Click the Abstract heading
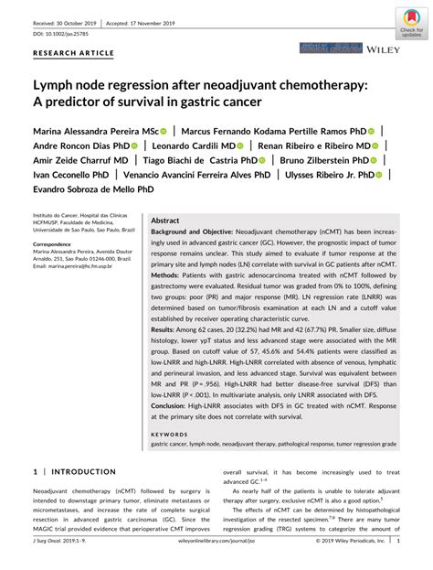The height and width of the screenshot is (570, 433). click(164, 221)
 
